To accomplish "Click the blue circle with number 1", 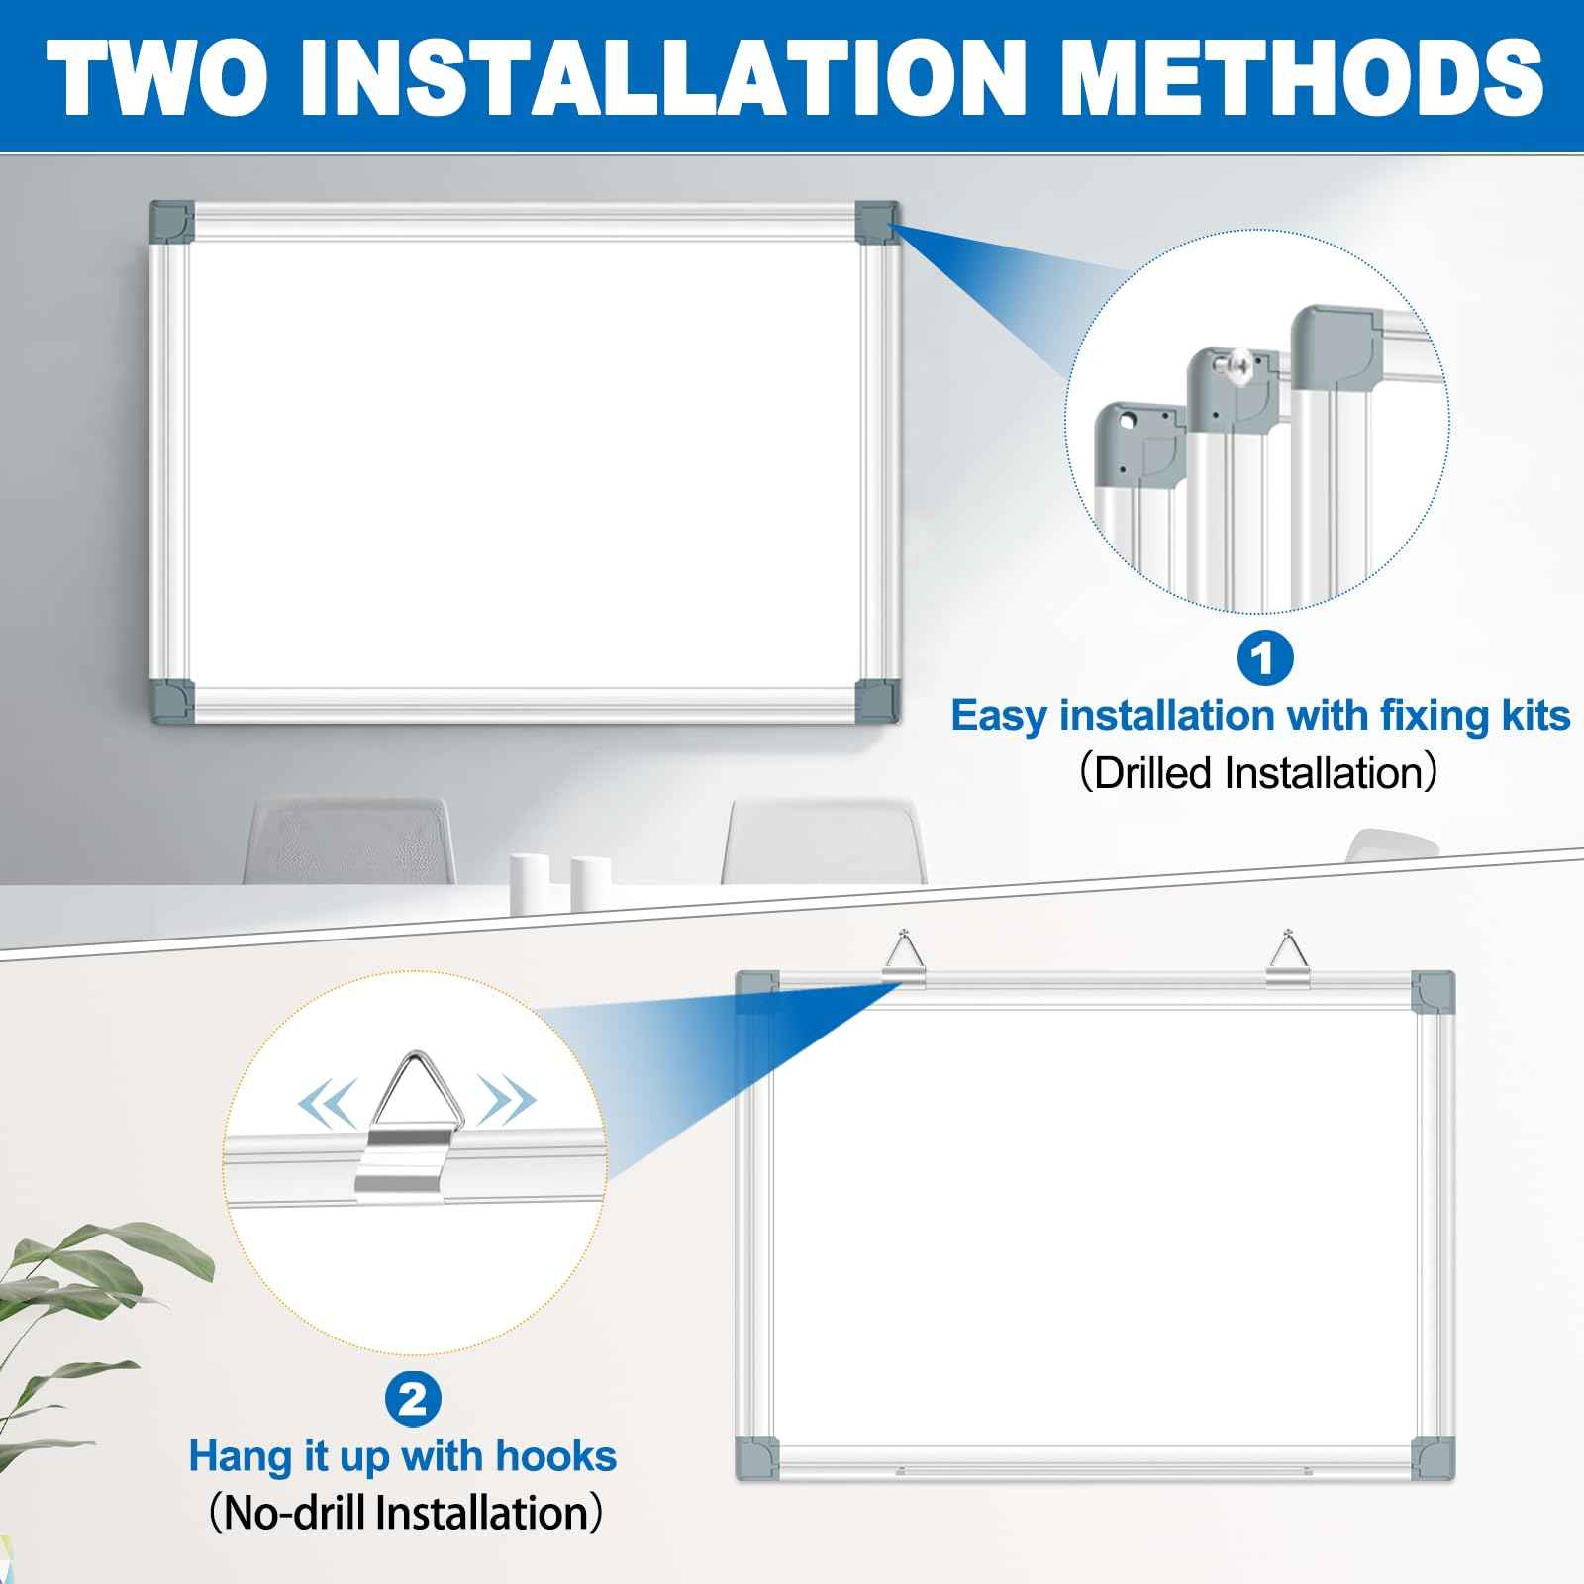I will [x=1264, y=657].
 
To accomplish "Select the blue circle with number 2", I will [x=413, y=1399].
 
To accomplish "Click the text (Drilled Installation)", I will [x=1257, y=773].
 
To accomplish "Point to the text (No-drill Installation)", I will [x=405, y=1514].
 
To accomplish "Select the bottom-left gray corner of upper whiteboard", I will [x=172, y=700].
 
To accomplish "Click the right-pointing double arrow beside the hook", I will [x=508, y=1100].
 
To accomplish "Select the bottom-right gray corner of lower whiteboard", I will [x=1434, y=1459].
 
